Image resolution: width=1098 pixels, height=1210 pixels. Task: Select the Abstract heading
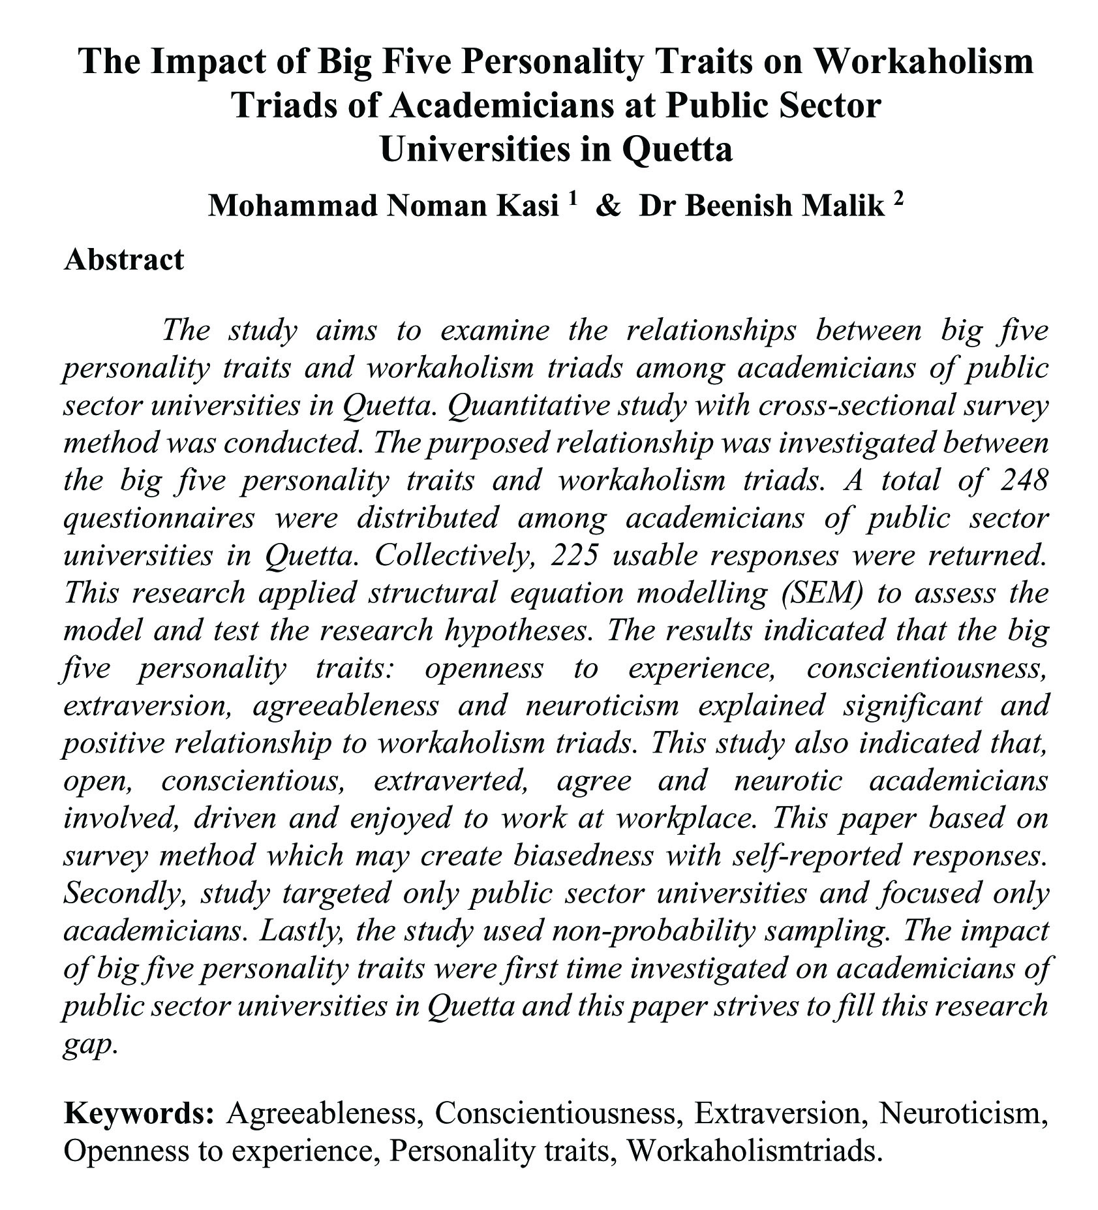click(124, 259)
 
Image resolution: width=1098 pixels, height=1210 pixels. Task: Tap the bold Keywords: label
click(139, 1111)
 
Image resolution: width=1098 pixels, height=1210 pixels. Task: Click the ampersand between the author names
click(608, 206)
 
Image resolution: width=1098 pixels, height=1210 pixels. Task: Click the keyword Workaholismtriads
click(754, 1149)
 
